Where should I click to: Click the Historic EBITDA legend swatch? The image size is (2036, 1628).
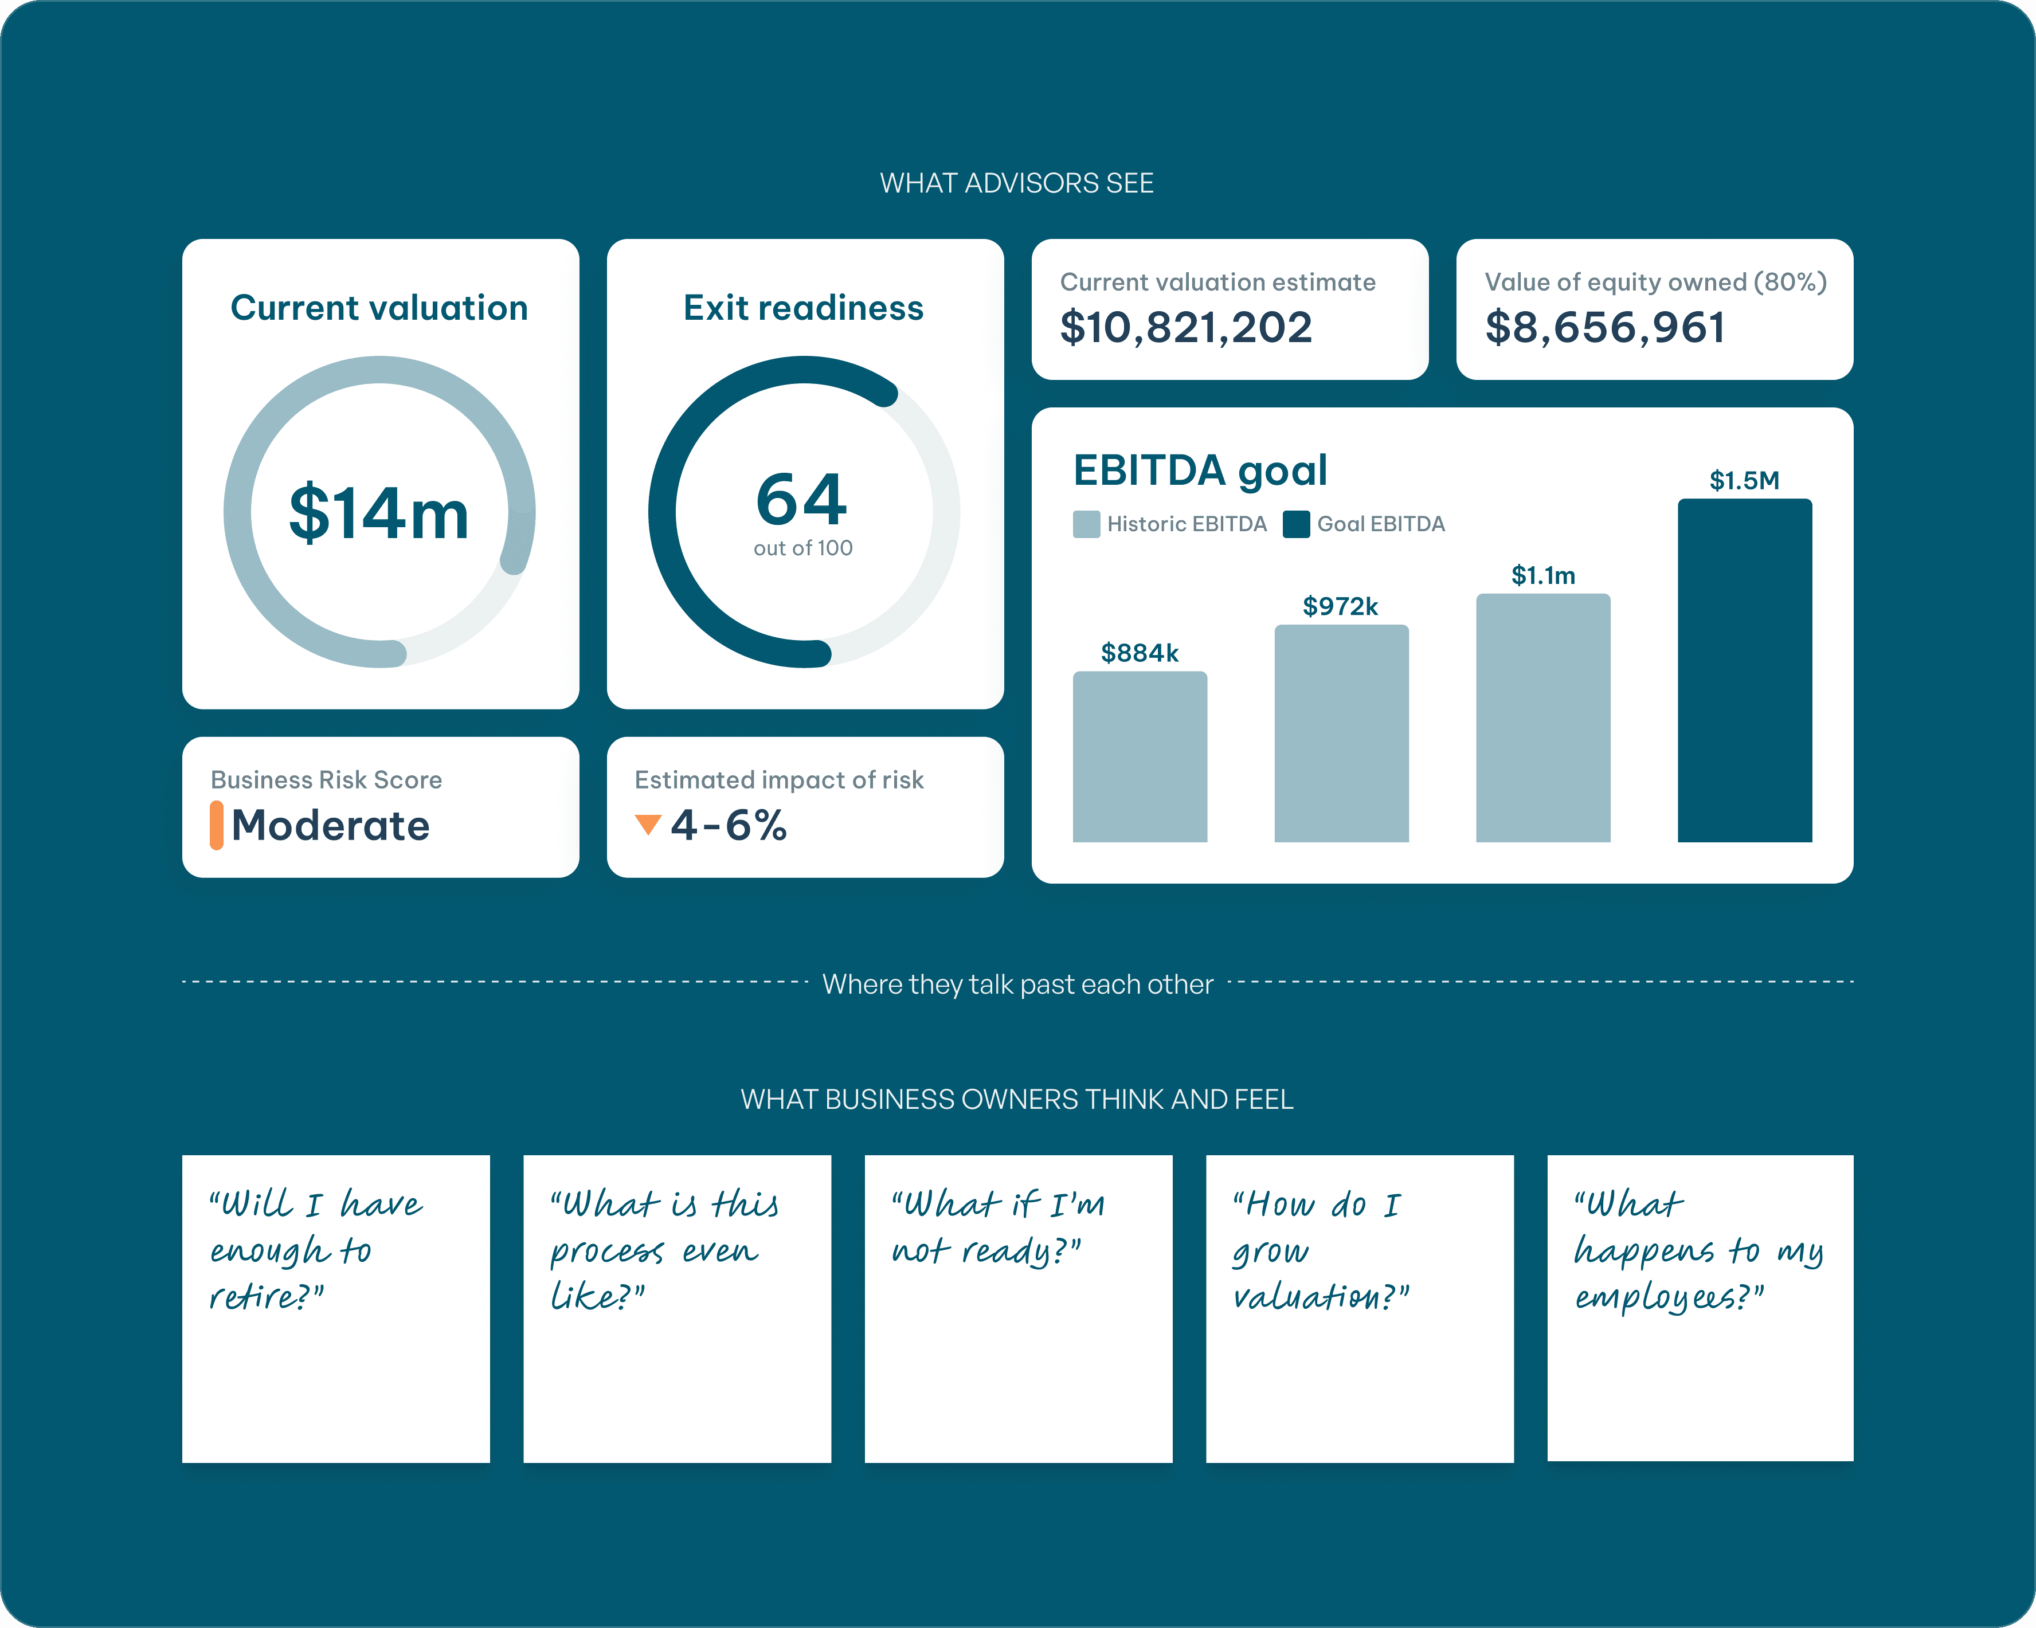pyautogui.click(x=1086, y=524)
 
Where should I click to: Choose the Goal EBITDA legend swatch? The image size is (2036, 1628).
pyautogui.click(x=1295, y=524)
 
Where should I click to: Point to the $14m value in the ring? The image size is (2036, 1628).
pyautogui.click(x=379, y=513)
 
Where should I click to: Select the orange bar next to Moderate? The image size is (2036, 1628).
pyautogui.click(x=216, y=825)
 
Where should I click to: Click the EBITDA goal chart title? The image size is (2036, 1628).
pyautogui.click(x=1199, y=470)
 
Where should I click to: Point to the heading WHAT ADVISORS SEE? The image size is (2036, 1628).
pyautogui.click(x=1016, y=183)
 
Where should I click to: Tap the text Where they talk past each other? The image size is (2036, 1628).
pyautogui.click(x=1017, y=984)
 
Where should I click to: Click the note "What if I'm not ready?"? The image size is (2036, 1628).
pyautogui.click(x=1018, y=1308)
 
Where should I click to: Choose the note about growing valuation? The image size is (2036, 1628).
pyautogui.click(x=1359, y=1308)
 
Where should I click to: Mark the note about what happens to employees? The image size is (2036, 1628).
pyautogui.click(x=1699, y=1308)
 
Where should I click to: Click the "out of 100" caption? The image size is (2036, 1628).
pyautogui.click(x=802, y=548)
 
